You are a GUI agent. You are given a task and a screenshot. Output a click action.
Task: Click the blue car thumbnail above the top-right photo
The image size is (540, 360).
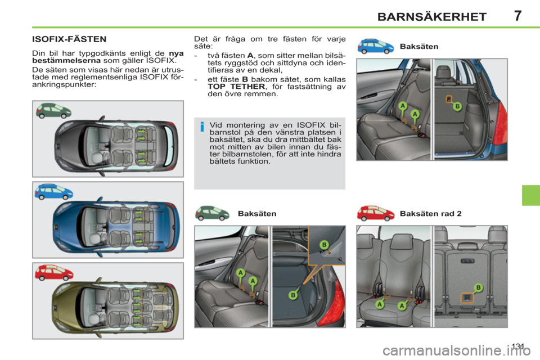point(376,46)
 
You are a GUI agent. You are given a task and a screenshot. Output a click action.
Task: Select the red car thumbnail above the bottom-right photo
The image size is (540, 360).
point(376,213)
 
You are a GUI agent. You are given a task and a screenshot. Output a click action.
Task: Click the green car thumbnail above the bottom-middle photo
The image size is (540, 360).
point(214,213)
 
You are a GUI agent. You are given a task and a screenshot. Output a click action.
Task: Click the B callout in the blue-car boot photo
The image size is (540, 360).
point(457,106)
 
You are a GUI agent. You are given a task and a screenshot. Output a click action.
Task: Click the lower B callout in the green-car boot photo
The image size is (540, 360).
point(293,294)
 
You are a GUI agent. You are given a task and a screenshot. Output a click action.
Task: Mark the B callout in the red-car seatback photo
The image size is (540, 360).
point(478,287)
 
